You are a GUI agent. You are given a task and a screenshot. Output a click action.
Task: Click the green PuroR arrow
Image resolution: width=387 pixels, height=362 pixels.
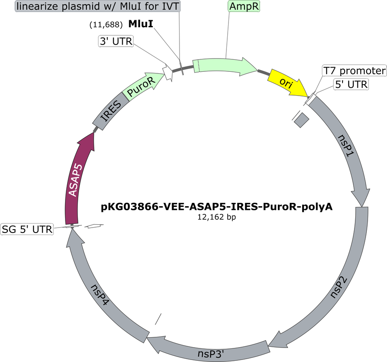[x=143, y=85]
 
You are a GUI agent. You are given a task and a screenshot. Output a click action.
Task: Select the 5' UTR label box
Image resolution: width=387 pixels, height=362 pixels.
[x=351, y=85]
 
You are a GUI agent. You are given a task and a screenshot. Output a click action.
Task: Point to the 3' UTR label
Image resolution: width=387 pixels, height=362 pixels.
[x=116, y=41]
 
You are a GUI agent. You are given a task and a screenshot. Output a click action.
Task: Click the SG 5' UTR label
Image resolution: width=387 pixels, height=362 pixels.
[x=27, y=229]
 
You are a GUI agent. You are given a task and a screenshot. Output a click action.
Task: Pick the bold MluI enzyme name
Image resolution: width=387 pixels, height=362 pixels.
[x=141, y=24]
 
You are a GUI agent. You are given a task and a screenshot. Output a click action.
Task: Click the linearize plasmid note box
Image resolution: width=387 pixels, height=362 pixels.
[x=98, y=6]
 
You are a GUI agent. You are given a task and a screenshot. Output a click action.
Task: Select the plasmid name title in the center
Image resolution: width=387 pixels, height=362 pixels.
[x=217, y=207]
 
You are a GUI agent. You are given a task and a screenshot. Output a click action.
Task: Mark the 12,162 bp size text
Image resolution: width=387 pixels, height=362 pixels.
[x=217, y=217]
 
